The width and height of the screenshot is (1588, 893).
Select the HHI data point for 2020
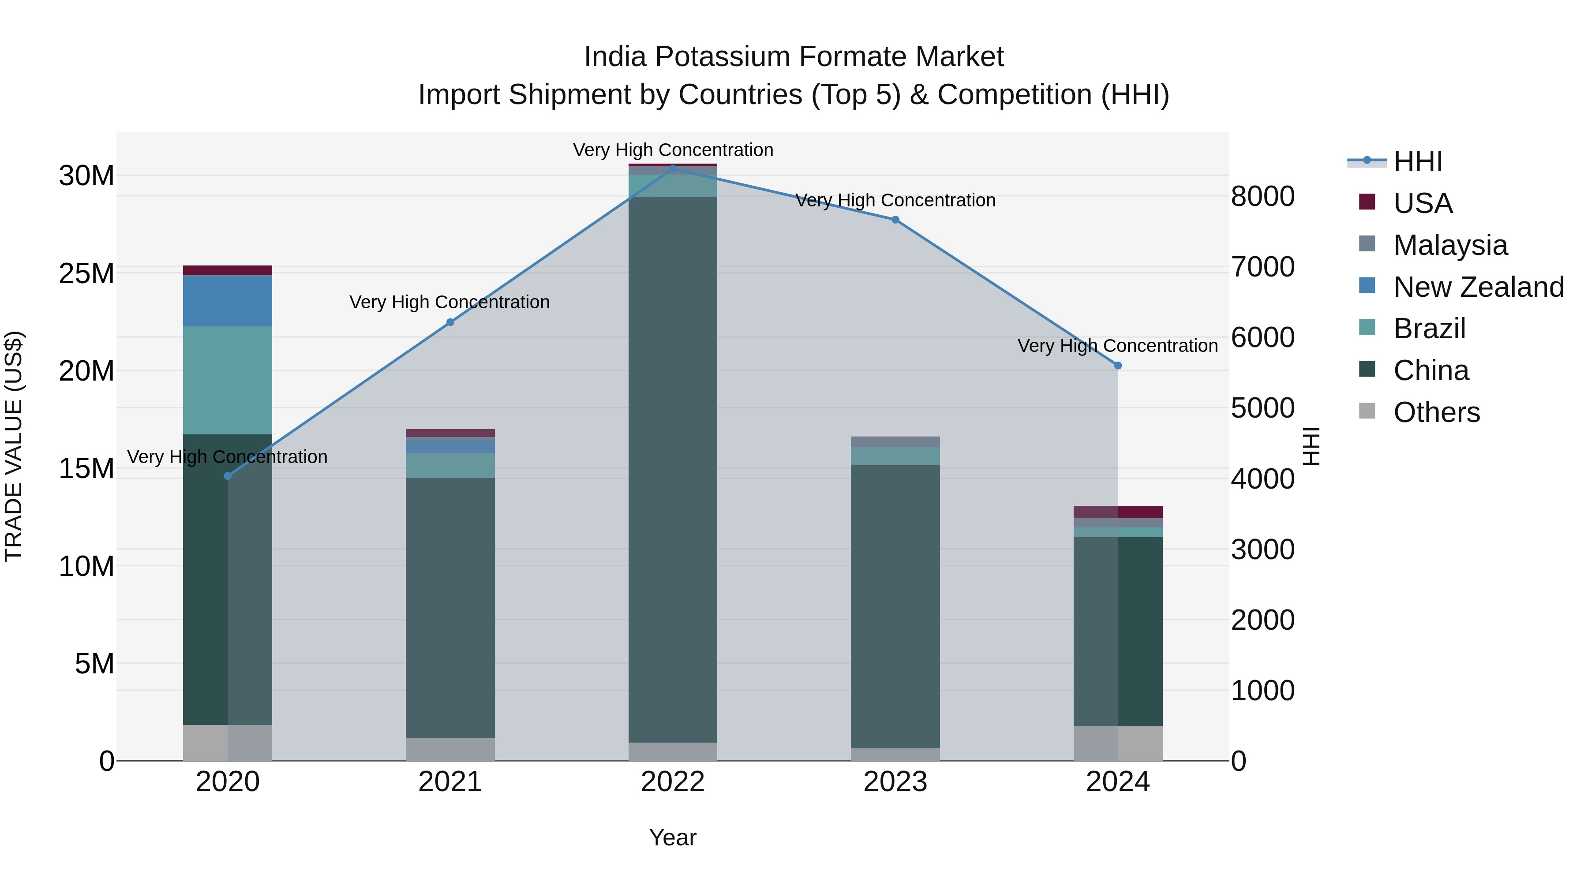coord(228,476)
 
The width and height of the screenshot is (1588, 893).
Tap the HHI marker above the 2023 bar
coord(895,220)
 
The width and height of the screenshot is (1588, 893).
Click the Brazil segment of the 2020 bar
coord(228,380)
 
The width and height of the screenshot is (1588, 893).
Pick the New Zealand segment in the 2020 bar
coord(228,301)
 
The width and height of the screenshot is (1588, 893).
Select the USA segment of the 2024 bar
coord(1118,512)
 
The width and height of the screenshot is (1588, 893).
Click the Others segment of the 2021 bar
coord(450,749)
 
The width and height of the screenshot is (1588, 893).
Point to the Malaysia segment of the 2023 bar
coord(895,442)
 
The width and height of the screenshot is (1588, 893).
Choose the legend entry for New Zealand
coord(1478,287)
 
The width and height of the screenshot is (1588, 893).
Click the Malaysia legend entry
coord(1449,245)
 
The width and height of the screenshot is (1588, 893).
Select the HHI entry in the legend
coord(1417,161)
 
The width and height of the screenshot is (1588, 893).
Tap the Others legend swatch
coord(1367,411)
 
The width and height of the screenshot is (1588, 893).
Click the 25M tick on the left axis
coord(86,273)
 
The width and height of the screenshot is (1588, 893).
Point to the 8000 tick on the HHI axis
coord(1262,197)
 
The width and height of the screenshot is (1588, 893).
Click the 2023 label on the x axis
coord(895,782)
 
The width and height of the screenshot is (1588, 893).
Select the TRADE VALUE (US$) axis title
coord(14,446)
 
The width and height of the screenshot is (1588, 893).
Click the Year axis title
coord(673,837)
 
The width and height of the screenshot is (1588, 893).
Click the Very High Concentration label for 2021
coord(449,302)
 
